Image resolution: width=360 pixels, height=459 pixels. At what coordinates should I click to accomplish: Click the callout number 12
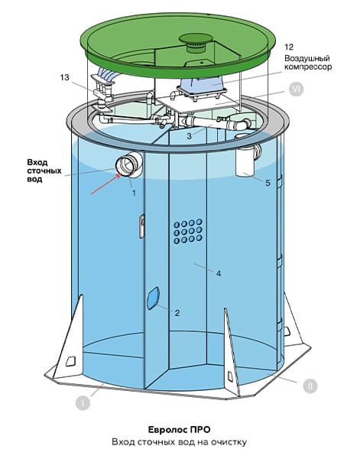click(x=289, y=47)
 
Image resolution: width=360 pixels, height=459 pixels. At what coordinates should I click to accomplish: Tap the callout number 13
click(x=65, y=77)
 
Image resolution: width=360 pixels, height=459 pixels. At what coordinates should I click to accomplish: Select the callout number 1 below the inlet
click(x=134, y=193)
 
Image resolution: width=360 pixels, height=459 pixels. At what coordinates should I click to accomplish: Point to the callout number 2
click(x=177, y=313)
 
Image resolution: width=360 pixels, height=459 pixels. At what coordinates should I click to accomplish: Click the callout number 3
click(x=190, y=136)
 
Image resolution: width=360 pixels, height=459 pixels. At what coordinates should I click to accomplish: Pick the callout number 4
click(x=219, y=274)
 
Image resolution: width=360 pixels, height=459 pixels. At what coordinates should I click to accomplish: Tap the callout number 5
click(x=268, y=184)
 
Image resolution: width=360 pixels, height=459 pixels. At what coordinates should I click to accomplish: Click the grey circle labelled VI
click(x=296, y=90)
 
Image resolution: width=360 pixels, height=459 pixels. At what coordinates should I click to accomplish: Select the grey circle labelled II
click(x=310, y=386)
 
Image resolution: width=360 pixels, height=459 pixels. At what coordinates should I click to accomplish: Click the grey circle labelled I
click(x=83, y=403)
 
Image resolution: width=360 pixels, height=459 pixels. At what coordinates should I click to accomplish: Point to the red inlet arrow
click(x=106, y=184)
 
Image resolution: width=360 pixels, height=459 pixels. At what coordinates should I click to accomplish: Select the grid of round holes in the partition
click(x=188, y=231)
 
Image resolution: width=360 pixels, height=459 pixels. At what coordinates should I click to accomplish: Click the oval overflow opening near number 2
click(x=153, y=298)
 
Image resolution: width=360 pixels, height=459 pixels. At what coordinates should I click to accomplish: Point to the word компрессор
click(x=308, y=67)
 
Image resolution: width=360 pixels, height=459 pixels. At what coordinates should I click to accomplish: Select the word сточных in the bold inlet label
click(x=44, y=171)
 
